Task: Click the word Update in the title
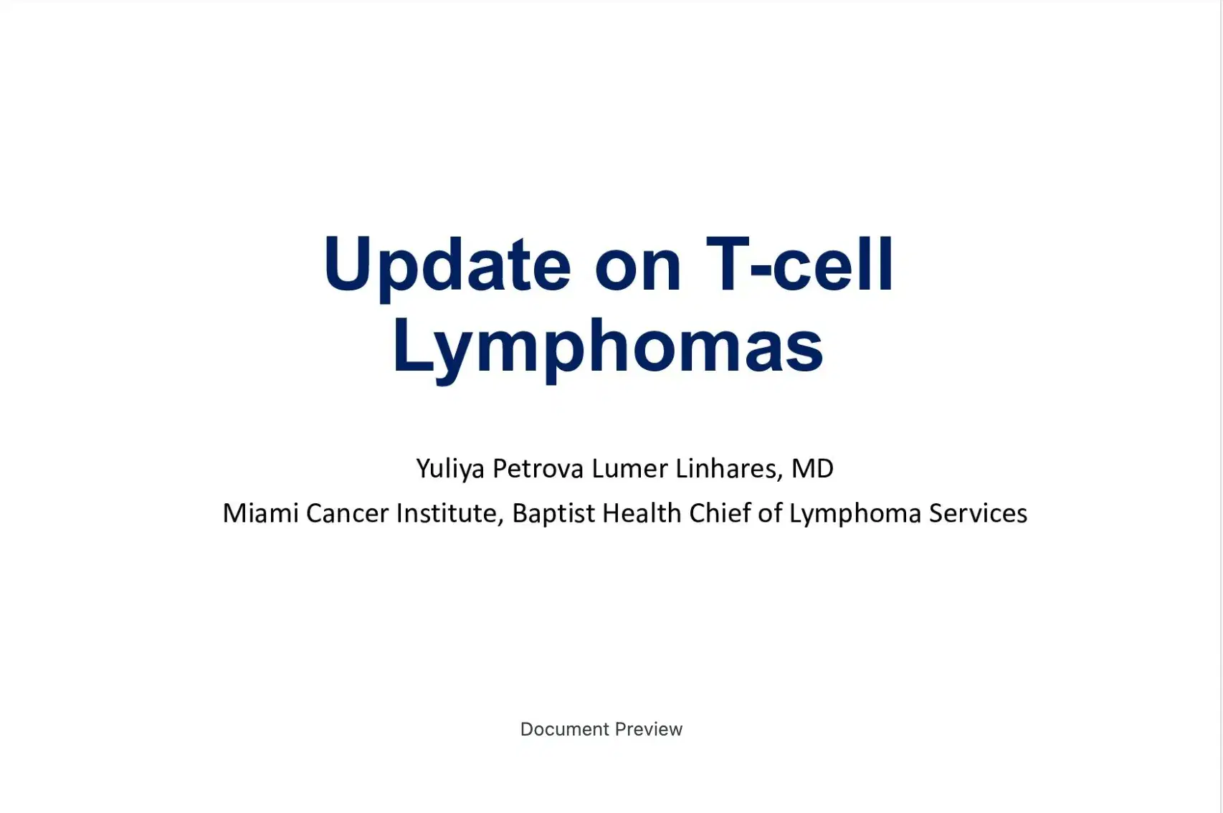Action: pyautogui.click(x=447, y=265)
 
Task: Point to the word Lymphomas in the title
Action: pyautogui.click(x=608, y=347)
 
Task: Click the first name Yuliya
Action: pyautogui.click(x=450, y=469)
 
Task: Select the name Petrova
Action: pyautogui.click(x=538, y=469)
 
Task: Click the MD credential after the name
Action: pyautogui.click(x=812, y=469)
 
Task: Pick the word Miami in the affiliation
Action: pyautogui.click(x=260, y=513)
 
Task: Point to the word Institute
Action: pyautogui.click(x=449, y=513)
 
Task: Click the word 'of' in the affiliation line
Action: pyautogui.click(x=770, y=513)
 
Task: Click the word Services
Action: pyautogui.click(x=978, y=513)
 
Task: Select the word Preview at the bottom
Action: pyautogui.click(x=649, y=729)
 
